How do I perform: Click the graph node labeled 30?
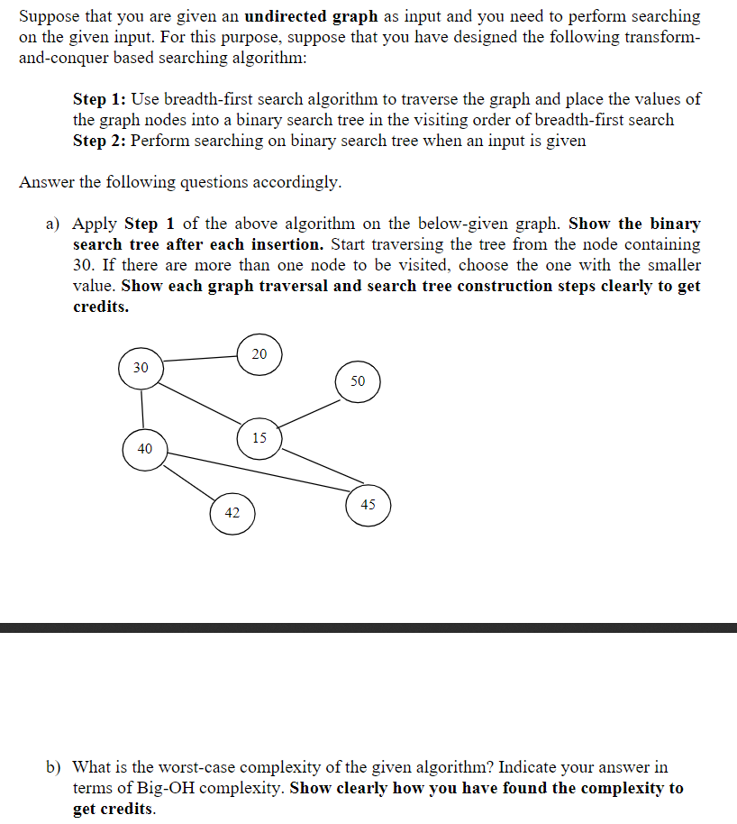point(141,368)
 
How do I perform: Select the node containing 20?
point(259,353)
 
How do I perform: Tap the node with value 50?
point(358,381)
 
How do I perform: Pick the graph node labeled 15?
point(259,439)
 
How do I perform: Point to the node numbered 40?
point(145,448)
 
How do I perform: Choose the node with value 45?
point(368,505)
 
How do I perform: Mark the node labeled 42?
point(232,513)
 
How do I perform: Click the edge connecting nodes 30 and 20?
point(200,360)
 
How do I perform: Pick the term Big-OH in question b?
point(168,788)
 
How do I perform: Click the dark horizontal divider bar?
point(368,627)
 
